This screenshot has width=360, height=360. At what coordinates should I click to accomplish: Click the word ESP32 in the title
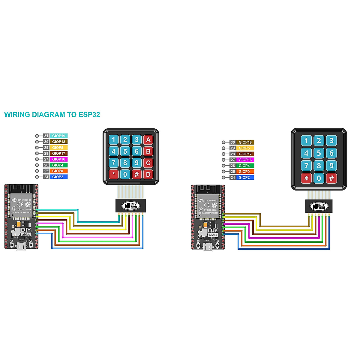click(x=89, y=114)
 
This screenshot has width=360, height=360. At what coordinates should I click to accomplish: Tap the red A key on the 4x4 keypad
click(x=148, y=140)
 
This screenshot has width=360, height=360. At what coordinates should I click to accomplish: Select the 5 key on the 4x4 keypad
click(x=125, y=151)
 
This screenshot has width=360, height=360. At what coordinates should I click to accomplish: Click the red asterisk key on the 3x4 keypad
click(x=306, y=178)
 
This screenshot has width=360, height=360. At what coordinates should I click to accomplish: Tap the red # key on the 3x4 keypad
click(x=331, y=178)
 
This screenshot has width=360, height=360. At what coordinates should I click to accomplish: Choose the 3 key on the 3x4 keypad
click(x=331, y=140)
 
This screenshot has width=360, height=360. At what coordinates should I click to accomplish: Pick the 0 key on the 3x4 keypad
click(x=319, y=178)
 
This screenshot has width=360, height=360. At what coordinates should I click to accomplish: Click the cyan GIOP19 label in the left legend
click(x=58, y=136)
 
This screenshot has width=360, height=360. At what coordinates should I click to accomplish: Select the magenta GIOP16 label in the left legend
click(x=58, y=159)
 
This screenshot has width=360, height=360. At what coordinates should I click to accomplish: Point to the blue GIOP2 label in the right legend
click(x=244, y=178)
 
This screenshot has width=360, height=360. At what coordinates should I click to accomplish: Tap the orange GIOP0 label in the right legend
click(x=244, y=172)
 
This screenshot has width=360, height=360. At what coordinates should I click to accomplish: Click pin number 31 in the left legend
click(x=46, y=136)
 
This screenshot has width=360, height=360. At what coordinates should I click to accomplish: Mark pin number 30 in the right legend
click(x=233, y=142)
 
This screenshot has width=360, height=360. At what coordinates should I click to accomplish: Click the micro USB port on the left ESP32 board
click(x=21, y=247)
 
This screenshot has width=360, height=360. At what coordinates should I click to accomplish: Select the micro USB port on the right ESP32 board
click(x=207, y=247)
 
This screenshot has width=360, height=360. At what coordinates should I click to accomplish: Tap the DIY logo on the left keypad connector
click(x=131, y=205)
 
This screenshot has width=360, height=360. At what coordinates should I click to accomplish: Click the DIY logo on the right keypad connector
click(x=319, y=206)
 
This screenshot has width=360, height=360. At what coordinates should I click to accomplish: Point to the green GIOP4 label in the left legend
click(x=58, y=165)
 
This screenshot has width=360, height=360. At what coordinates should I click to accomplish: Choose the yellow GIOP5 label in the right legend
click(x=244, y=148)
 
